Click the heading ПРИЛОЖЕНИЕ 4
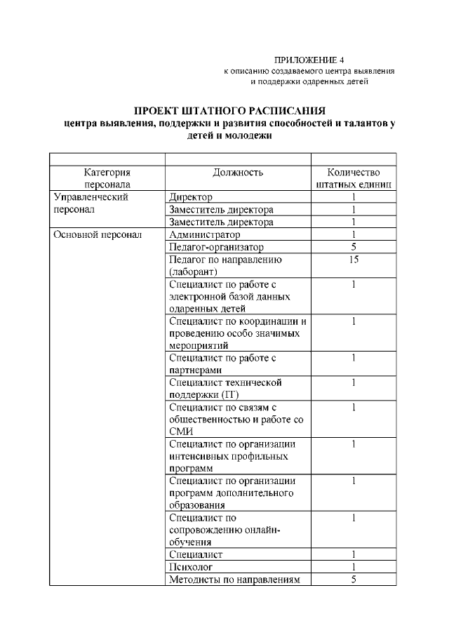coord(309,60)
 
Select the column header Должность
coord(237,172)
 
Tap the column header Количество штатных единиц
coord(354,178)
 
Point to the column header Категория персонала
coord(107,178)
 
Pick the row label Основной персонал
coord(98,234)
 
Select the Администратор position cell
coord(204,234)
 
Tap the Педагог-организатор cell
coord(216,247)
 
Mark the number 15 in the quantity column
coord(354,260)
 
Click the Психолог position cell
coord(191,566)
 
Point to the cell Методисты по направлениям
coord(234,579)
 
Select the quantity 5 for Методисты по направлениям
coord(354,579)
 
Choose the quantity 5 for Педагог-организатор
coord(354,247)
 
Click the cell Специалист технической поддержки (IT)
coord(225,389)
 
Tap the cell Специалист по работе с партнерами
coord(223,363)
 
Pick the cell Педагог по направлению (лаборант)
coord(225,265)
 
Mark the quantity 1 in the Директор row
coord(354,198)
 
